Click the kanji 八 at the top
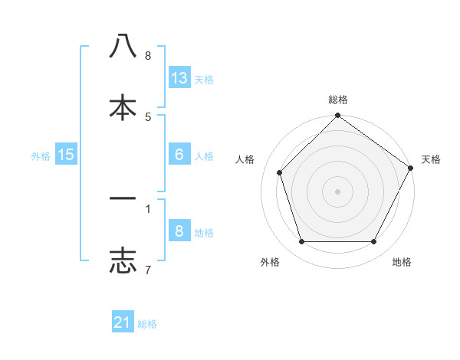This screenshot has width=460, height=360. (x=123, y=46)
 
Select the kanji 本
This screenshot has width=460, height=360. (x=123, y=106)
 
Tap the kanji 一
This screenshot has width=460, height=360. (x=123, y=198)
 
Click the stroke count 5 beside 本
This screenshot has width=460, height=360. (x=148, y=116)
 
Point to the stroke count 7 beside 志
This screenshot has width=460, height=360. (x=147, y=270)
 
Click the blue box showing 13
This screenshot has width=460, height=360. (x=179, y=78)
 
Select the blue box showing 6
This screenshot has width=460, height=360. (x=179, y=155)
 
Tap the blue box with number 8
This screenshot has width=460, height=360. (x=179, y=231)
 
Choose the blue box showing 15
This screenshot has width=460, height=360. (x=66, y=155)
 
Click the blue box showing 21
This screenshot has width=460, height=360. (x=123, y=322)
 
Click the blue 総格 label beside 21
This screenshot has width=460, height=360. (x=147, y=324)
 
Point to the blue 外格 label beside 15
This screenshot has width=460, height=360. (x=41, y=156)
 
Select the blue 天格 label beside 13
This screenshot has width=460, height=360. (x=204, y=80)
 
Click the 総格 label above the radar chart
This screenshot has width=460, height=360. (x=338, y=100)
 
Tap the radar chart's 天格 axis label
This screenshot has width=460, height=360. (x=431, y=159)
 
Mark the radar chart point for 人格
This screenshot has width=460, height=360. (x=280, y=172)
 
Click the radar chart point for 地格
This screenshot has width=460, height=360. (x=374, y=241)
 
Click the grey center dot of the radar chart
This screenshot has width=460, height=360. (x=338, y=191)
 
